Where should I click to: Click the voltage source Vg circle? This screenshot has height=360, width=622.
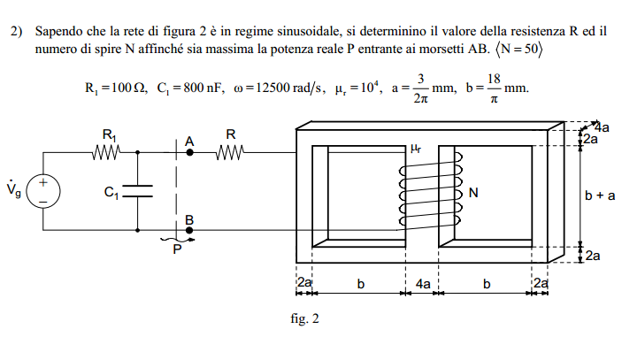pyautogui.click(x=43, y=191)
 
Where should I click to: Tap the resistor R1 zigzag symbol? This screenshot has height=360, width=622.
pyautogui.click(x=106, y=152)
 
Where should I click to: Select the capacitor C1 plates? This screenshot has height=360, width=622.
pyautogui.click(x=138, y=191)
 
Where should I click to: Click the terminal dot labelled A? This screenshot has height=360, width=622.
pyautogui.click(x=189, y=152)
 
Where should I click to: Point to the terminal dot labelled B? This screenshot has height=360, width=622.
pyautogui.click(x=189, y=230)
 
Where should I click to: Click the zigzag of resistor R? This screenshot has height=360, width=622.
pyautogui.click(x=230, y=152)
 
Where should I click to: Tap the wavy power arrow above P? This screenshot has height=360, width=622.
pyautogui.click(x=178, y=240)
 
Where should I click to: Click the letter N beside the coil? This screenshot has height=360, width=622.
pyautogui.click(x=473, y=193)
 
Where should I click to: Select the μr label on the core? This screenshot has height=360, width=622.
pyautogui.click(x=416, y=149)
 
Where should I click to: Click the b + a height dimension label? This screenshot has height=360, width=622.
pyautogui.click(x=600, y=195)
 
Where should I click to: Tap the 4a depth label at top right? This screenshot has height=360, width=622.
pyautogui.click(x=603, y=127)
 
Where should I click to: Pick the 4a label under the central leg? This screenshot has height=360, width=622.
pyautogui.click(x=423, y=284)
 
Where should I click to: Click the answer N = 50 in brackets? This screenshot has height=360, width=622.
pyautogui.click(x=518, y=50)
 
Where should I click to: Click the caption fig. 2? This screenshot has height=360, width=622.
pyautogui.click(x=304, y=318)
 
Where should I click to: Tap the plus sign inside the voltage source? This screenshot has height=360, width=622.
pyautogui.click(x=43, y=182)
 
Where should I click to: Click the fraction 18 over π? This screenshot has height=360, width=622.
pyautogui.click(x=494, y=88)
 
